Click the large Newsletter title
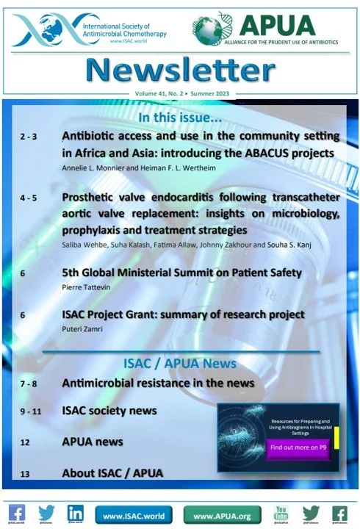coord(180,71)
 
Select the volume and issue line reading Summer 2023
coord(180,96)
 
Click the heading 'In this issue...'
coord(180,118)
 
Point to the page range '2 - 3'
coord(29,137)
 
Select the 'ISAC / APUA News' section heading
coord(181,364)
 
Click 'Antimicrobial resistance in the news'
coord(158,383)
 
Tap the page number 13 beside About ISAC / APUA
coord(25,474)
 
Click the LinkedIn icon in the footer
coord(74,513)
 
